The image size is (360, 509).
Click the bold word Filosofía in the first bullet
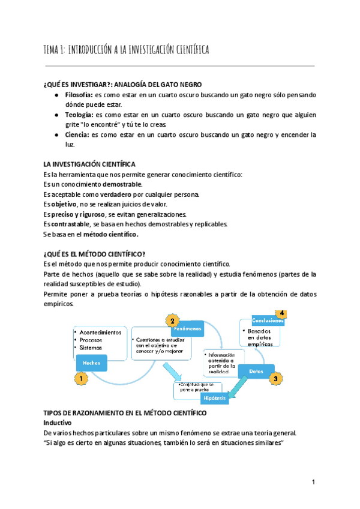(x=79, y=95)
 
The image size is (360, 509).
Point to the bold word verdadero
(x=116, y=194)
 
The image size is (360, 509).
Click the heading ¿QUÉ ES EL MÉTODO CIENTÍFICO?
(x=94, y=253)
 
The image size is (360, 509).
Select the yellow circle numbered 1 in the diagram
(x=80, y=379)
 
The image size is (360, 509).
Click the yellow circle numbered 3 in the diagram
(x=274, y=379)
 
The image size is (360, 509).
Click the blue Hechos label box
(x=92, y=364)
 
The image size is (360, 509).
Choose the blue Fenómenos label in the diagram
(x=187, y=330)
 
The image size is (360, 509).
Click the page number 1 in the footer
(x=314, y=483)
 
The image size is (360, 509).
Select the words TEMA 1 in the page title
(x=55, y=50)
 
